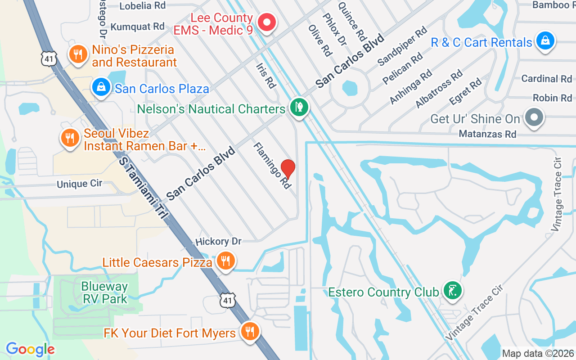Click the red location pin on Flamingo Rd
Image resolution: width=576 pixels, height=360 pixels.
click(288, 169)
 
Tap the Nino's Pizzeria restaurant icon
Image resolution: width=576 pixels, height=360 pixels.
click(78, 54)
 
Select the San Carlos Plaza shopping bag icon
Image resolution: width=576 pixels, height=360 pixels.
click(101, 87)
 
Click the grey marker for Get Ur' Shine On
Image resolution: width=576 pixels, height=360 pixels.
click(534, 117)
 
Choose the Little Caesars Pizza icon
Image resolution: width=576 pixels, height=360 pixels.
click(225, 261)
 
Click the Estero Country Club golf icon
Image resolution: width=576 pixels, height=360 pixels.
click(450, 290)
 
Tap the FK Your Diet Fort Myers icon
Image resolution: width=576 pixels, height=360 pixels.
click(249, 332)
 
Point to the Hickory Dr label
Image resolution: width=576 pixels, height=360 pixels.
click(218, 241)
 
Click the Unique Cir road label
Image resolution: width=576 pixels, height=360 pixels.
click(79, 184)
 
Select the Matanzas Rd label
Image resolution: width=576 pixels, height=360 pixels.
click(487, 134)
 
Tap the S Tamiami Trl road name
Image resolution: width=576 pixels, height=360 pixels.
click(142, 188)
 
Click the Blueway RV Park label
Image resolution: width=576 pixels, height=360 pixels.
click(104, 292)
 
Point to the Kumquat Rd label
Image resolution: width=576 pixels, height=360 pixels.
click(137, 27)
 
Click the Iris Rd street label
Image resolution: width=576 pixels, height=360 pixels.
click(265, 75)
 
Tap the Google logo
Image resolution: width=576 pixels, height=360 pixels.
click(30, 349)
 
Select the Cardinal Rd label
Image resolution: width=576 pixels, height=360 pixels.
click(546, 79)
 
